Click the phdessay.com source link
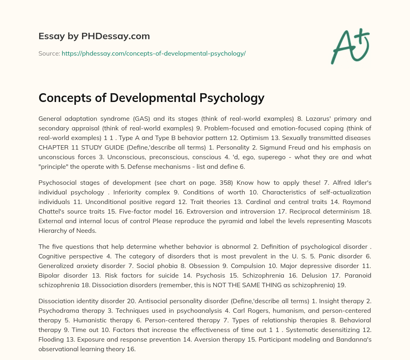pyautogui.click(x=153, y=53)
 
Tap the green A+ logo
pyautogui.click(x=350, y=46)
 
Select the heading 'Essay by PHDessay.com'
pyautogui.click(x=94, y=36)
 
